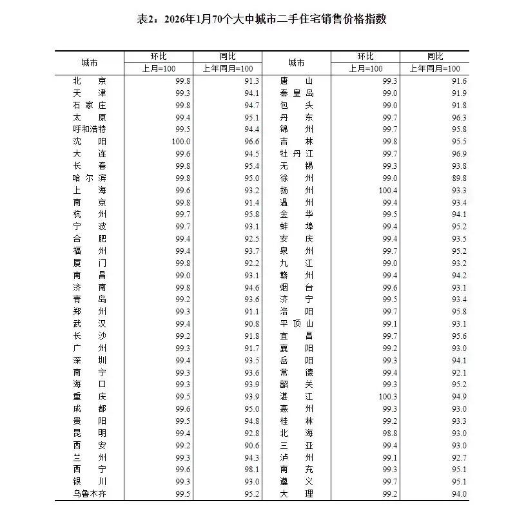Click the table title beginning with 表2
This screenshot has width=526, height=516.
point(262,20)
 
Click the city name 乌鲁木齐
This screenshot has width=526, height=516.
point(90,494)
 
